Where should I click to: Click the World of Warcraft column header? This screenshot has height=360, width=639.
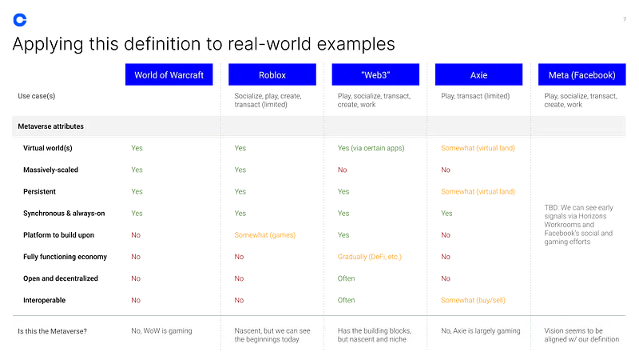(x=169, y=75)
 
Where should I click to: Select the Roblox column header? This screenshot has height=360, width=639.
(x=272, y=75)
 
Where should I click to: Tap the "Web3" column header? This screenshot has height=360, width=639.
(x=375, y=75)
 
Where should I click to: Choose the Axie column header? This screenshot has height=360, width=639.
(x=478, y=75)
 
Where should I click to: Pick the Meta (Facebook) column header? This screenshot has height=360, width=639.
(x=581, y=75)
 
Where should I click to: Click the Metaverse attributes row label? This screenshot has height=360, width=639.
(x=51, y=126)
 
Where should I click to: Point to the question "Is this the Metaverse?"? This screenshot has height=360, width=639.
(x=53, y=331)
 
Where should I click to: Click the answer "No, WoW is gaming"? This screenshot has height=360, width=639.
(x=161, y=330)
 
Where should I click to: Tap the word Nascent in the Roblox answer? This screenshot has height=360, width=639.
(x=249, y=330)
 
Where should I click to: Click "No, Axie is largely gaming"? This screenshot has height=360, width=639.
(x=478, y=330)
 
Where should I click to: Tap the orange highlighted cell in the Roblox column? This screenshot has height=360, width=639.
(x=264, y=236)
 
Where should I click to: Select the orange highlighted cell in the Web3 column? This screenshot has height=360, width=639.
(x=369, y=257)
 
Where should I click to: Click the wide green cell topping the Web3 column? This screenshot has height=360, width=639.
(x=370, y=148)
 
